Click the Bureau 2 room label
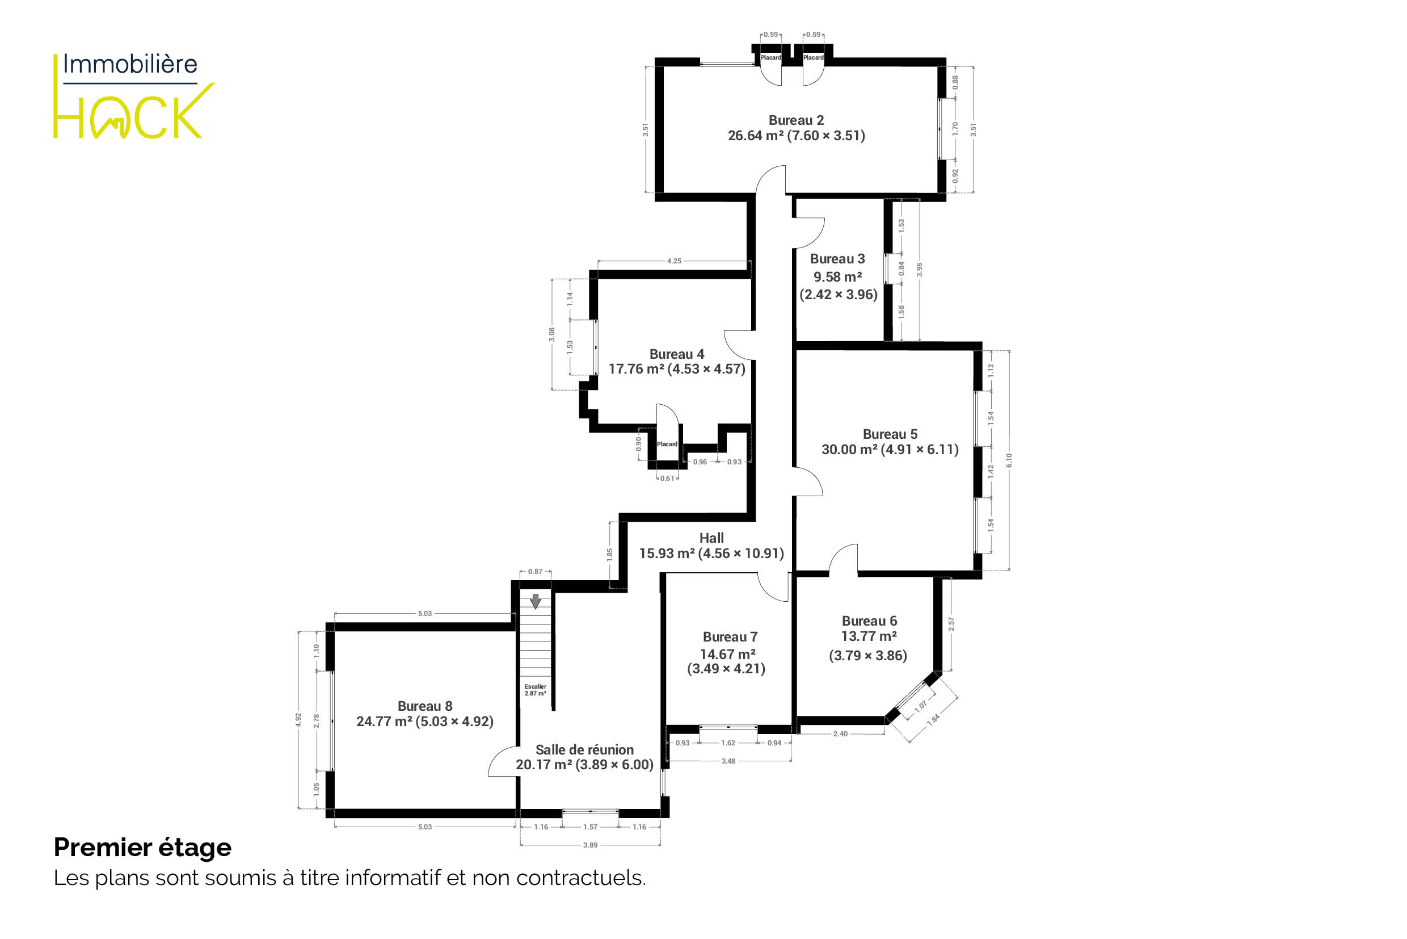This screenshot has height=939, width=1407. [796, 120]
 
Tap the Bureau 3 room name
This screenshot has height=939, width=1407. [837, 259]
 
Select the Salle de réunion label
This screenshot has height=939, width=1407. [584, 750]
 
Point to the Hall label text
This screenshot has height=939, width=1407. [711, 538]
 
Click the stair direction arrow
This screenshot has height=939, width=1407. [536, 601]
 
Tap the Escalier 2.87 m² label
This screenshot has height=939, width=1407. [536, 690]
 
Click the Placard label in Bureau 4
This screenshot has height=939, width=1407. [667, 444]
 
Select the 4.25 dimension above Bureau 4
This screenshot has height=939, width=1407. [674, 261]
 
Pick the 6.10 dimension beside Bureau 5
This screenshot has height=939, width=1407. [1009, 460]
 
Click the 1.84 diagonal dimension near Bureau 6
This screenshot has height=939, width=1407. [933, 719]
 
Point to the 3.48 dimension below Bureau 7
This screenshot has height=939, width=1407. [728, 761]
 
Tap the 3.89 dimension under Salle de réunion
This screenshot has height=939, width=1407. [590, 845]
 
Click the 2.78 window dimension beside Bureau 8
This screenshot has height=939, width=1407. [317, 721]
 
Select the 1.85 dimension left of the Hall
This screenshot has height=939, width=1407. [609, 554]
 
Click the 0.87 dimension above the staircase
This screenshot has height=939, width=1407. [535, 571]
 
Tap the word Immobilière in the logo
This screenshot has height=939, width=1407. [130, 64]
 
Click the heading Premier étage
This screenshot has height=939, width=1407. [142, 848]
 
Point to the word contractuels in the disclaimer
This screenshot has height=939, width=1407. [581, 878]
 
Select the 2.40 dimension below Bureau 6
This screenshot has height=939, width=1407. [840, 733]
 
